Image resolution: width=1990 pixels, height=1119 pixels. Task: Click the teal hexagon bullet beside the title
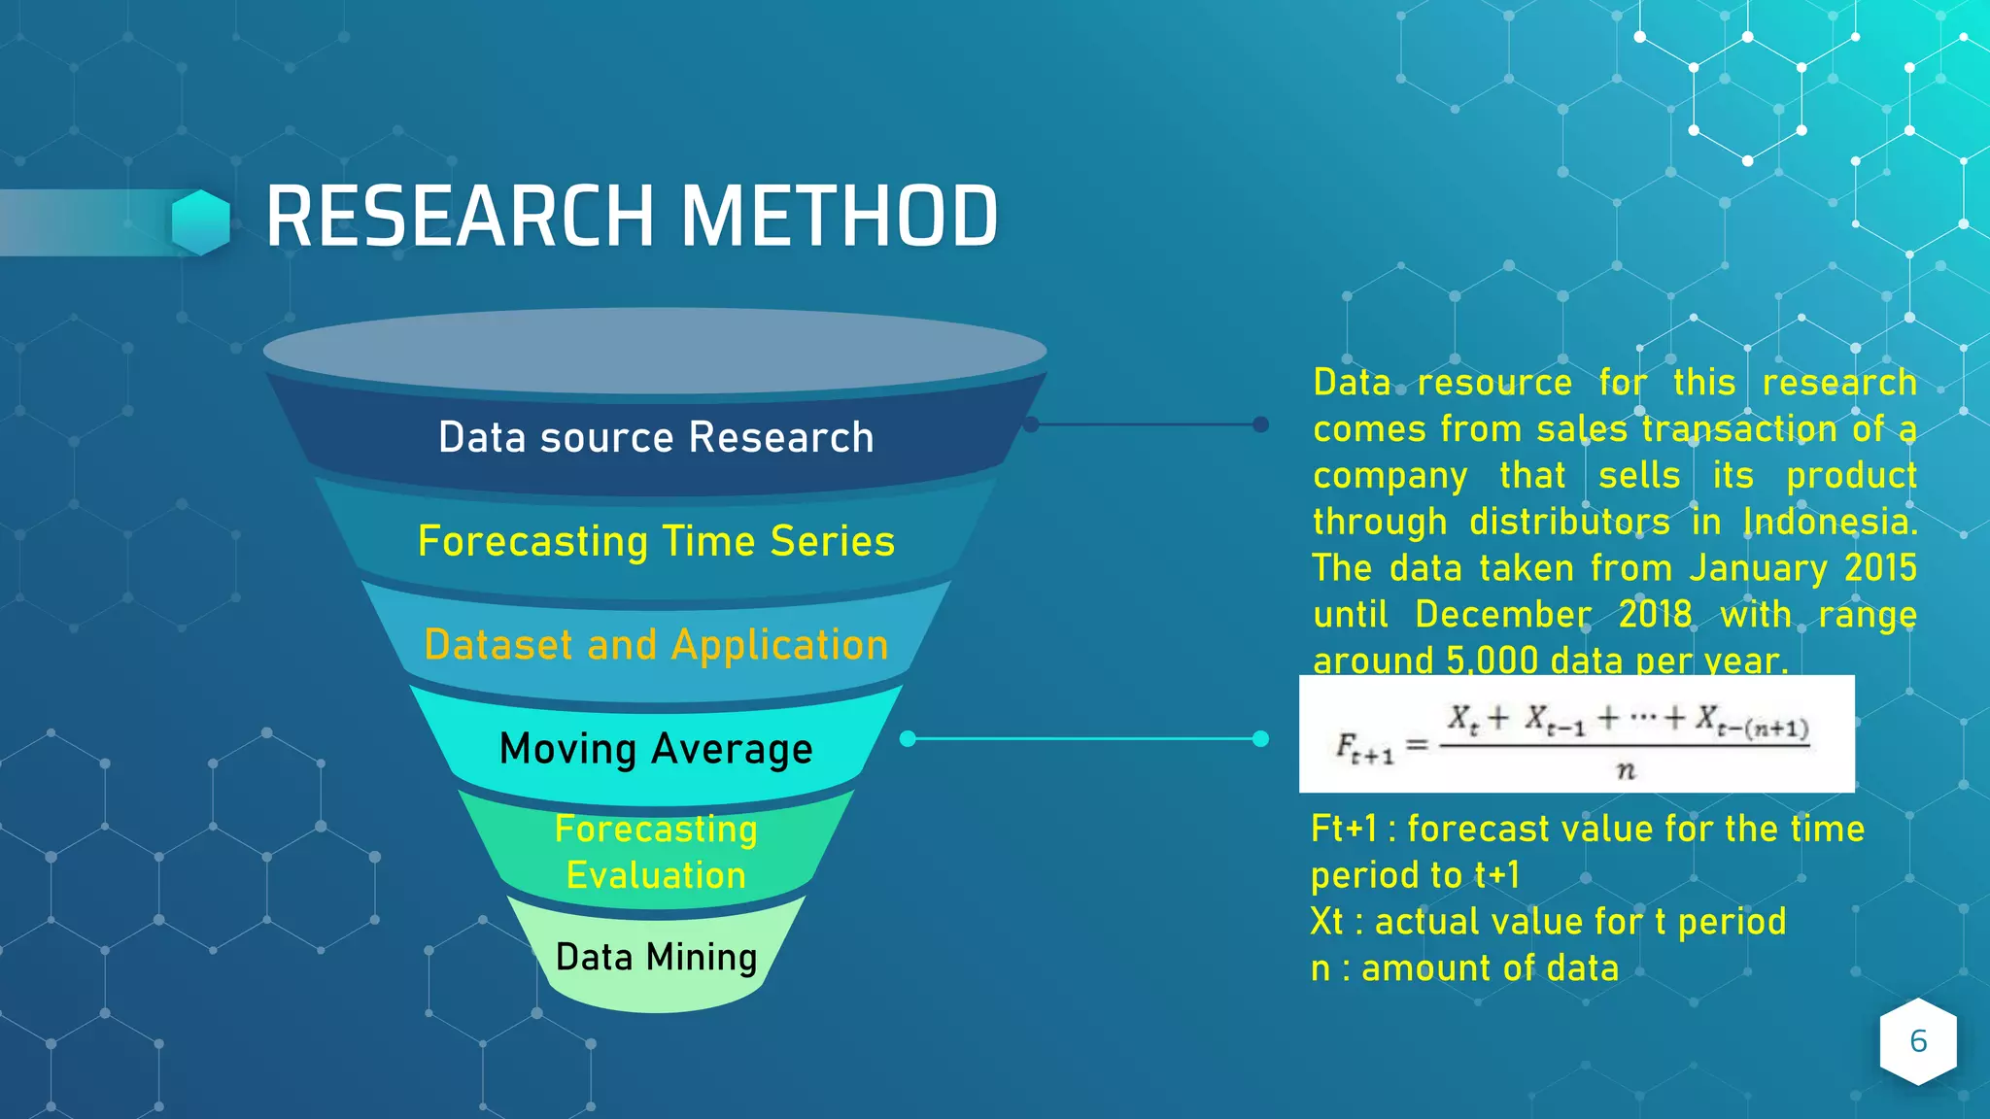(x=201, y=222)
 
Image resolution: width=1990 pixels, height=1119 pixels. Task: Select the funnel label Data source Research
(x=656, y=437)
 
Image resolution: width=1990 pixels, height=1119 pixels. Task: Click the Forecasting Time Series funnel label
(x=656, y=541)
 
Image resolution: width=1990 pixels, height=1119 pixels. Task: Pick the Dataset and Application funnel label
(x=656, y=645)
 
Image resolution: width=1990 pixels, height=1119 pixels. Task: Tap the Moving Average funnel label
(x=656, y=749)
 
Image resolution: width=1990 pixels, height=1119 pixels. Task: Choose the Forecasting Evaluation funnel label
(x=656, y=852)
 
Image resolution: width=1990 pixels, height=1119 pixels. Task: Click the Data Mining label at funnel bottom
(x=656, y=957)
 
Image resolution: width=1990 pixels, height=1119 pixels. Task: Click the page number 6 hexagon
(x=1918, y=1041)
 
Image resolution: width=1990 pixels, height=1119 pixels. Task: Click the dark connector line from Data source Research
(x=1147, y=424)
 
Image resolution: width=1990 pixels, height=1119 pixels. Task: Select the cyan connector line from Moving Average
(x=1083, y=739)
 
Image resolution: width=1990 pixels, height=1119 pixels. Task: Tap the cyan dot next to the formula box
(x=1260, y=739)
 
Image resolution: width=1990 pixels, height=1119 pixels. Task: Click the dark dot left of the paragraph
(x=1260, y=424)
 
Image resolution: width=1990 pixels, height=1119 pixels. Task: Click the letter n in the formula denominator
(x=1625, y=771)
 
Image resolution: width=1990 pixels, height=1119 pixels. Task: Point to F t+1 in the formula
(x=1364, y=748)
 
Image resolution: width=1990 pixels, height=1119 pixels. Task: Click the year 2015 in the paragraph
(x=1880, y=568)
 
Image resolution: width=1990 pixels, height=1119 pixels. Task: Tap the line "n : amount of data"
(x=1464, y=968)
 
